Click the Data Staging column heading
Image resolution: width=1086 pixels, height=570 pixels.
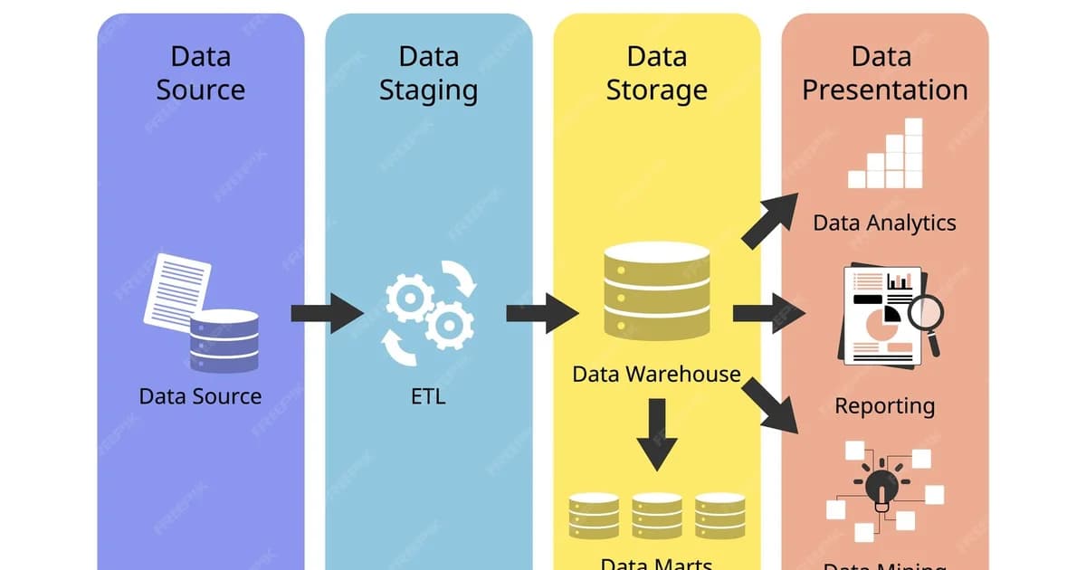point(428,73)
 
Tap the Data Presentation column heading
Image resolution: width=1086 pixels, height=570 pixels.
point(884,73)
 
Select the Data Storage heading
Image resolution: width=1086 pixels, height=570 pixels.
point(656,73)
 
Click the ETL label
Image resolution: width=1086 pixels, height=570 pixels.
point(428,396)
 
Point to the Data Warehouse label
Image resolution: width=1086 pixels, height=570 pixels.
point(656,374)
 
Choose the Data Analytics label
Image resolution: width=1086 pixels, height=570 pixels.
point(884,223)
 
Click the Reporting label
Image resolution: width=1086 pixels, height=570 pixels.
point(884,405)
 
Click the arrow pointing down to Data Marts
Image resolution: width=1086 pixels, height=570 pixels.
point(656,433)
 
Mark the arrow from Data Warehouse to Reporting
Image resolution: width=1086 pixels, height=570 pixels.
point(765,313)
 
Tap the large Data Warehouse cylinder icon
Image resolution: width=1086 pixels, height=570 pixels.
point(656,290)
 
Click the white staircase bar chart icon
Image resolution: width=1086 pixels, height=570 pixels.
point(884,155)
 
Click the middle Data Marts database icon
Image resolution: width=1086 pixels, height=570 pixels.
point(656,516)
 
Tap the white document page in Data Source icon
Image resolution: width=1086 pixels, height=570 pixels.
point(176,289)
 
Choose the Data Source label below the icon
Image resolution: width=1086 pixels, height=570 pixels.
point(200,396)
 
